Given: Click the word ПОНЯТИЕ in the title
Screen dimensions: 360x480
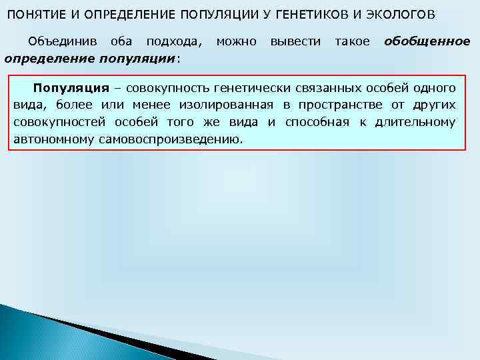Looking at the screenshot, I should click(34, 15).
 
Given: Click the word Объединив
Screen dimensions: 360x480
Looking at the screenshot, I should click(59, 41).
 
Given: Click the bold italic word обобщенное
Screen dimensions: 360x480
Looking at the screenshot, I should click(427, 41).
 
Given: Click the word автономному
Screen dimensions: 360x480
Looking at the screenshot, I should click(47, 140).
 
